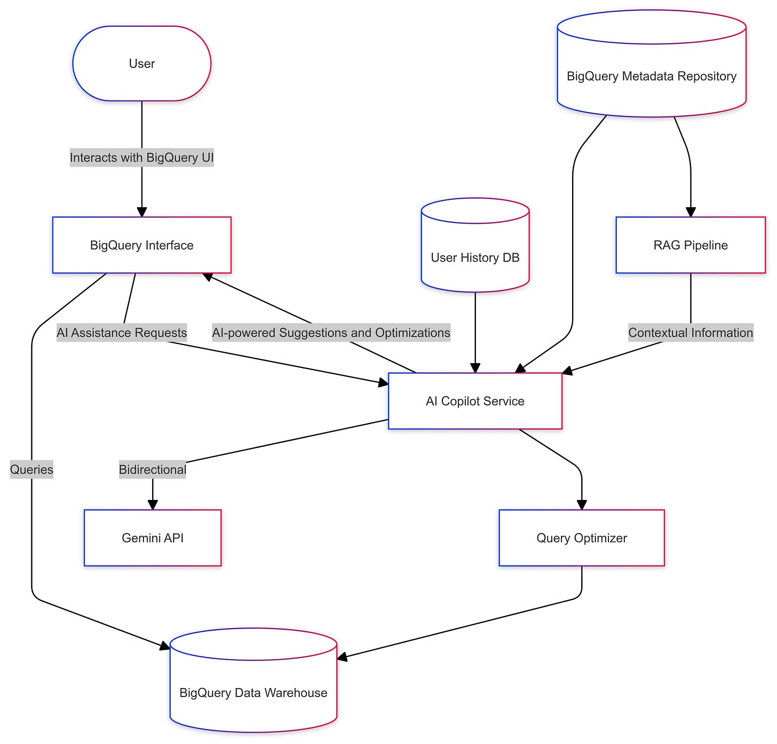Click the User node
point(141,64)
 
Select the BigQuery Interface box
point(141,245)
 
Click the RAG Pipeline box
point(691,245)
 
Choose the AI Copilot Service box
point(475,401)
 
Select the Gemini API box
point(153,538)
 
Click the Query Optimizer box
point(582,538)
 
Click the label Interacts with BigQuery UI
point(141,158)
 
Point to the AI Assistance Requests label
point(122,333)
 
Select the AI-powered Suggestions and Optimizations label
point(331,333)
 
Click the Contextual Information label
point(691,333)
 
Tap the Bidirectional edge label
point(153,469)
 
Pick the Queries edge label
point(31,469)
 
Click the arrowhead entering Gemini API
point(153,505)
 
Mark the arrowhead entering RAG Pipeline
point(691,212)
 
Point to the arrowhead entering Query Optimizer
point(582,505)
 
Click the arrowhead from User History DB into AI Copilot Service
point(475,368)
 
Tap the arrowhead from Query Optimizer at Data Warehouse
point(342,657)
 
